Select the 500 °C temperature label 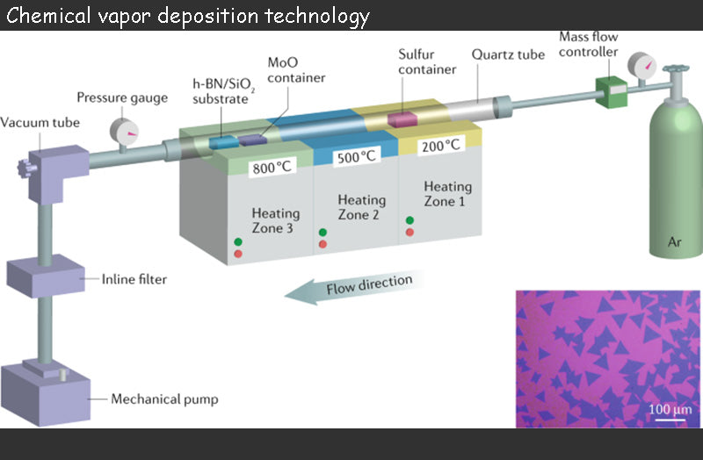356,158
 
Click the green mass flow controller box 610,90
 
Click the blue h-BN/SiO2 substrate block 224,141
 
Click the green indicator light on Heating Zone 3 238,241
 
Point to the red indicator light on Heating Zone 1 409,233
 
